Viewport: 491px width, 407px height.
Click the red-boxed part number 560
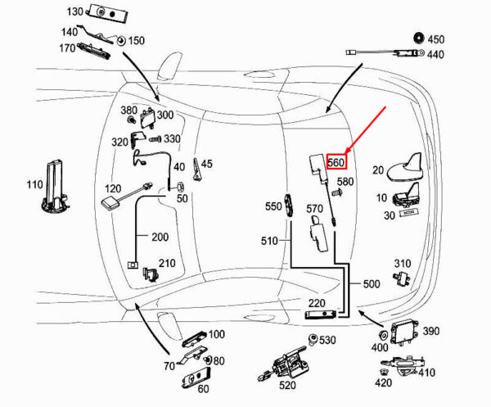pyautogui.click(x=336, y=162)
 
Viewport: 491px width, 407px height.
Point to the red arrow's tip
pyautogui.click(x=345, y=154)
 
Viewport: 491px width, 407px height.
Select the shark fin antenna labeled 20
pyautogui.click(x=405, y=168)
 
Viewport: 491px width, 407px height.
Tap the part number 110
pyautogui.click(x=34, y=184)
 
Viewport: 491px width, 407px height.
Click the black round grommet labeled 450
pyautogui.click(x=419, y=38)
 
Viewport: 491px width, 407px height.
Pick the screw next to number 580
pyautogui.click(x=337, y=192)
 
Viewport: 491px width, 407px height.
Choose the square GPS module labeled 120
pyautogui.click(x=110, y=203)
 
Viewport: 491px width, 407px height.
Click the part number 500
pyautogui.click(x=372, y=284)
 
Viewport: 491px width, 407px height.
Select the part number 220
pyautogui.click(x=317, y=303)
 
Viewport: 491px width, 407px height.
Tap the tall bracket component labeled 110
pyautogui.click(x=55, y=187)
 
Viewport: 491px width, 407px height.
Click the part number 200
pyautogui.click(x=160, y=237)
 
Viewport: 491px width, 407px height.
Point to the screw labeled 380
pyautogui.click(x=131, y=119)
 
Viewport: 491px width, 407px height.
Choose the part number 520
pyautogui.click(x=287, y=385)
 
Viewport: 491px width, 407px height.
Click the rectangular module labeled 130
pyautogui.click(x=107, y=13)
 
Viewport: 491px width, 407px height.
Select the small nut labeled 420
pyautogui.click(x=382, y=373)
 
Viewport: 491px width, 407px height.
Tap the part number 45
pyautogui.click(x=207, y=164)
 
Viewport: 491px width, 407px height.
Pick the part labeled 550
pyautogui.click(x=289, y=206)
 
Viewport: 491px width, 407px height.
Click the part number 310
pyautogui.click(x=403, y=264)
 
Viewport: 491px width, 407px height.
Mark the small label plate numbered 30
pyautogui.click(x=408, y=213)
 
